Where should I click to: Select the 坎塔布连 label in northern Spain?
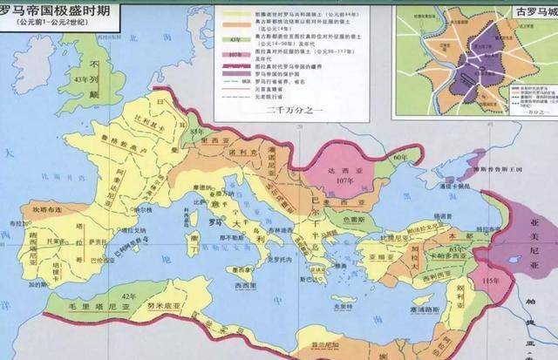tap(46, 208)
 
